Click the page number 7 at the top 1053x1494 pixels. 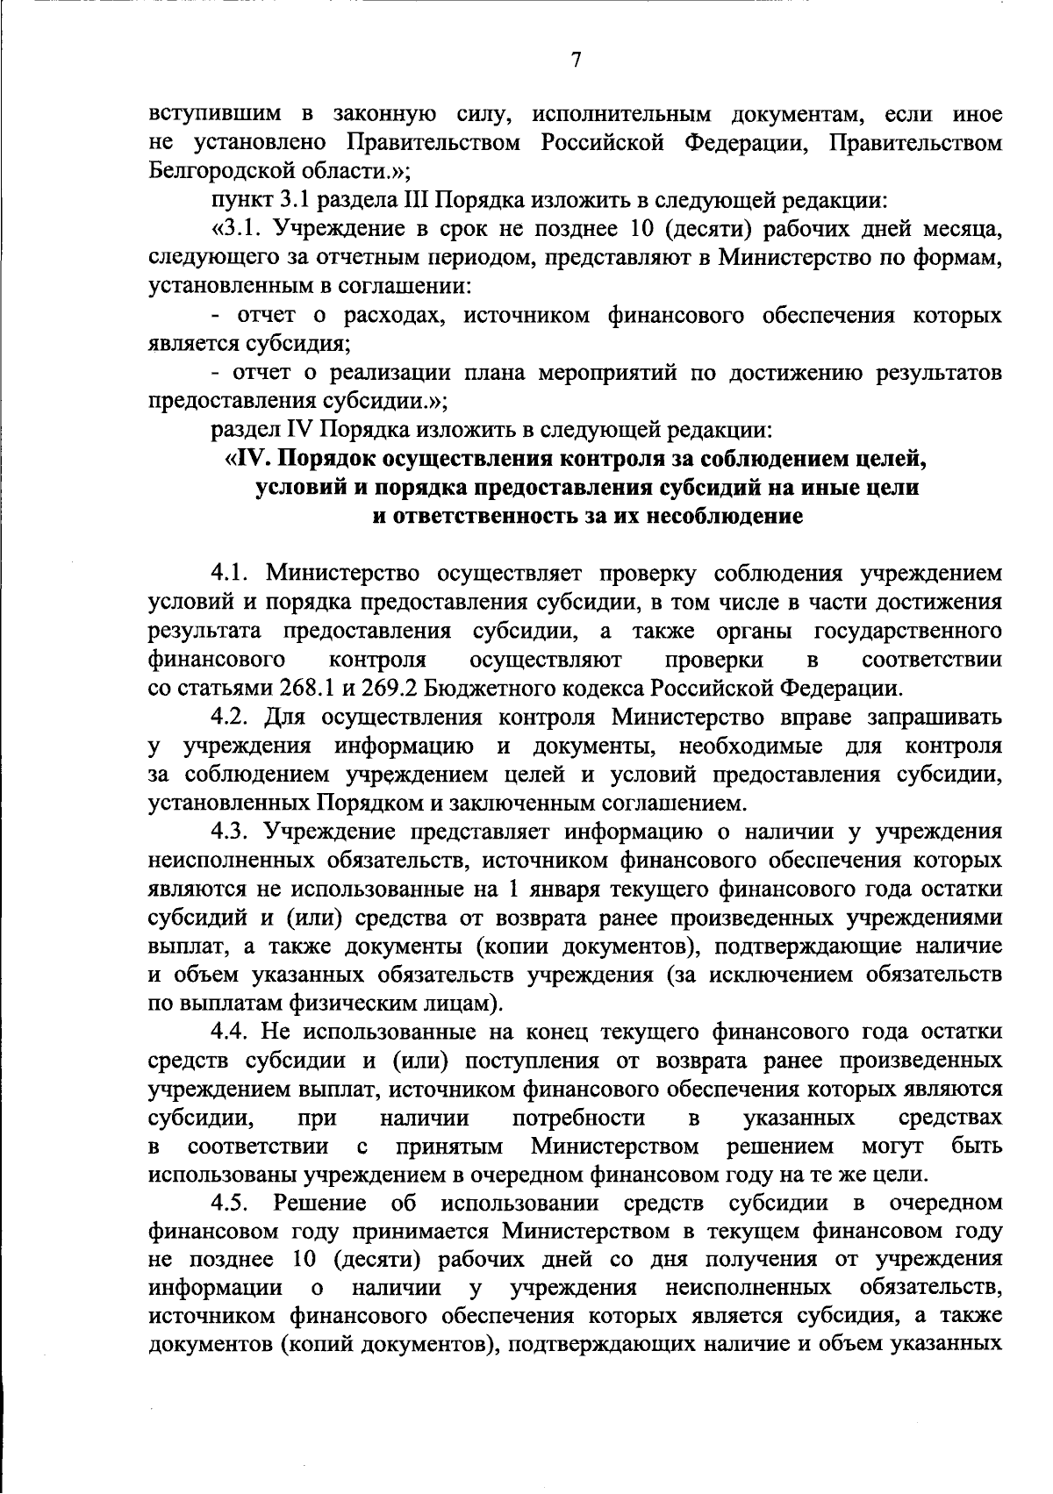[576, 61]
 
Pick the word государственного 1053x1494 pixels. [909, 632]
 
